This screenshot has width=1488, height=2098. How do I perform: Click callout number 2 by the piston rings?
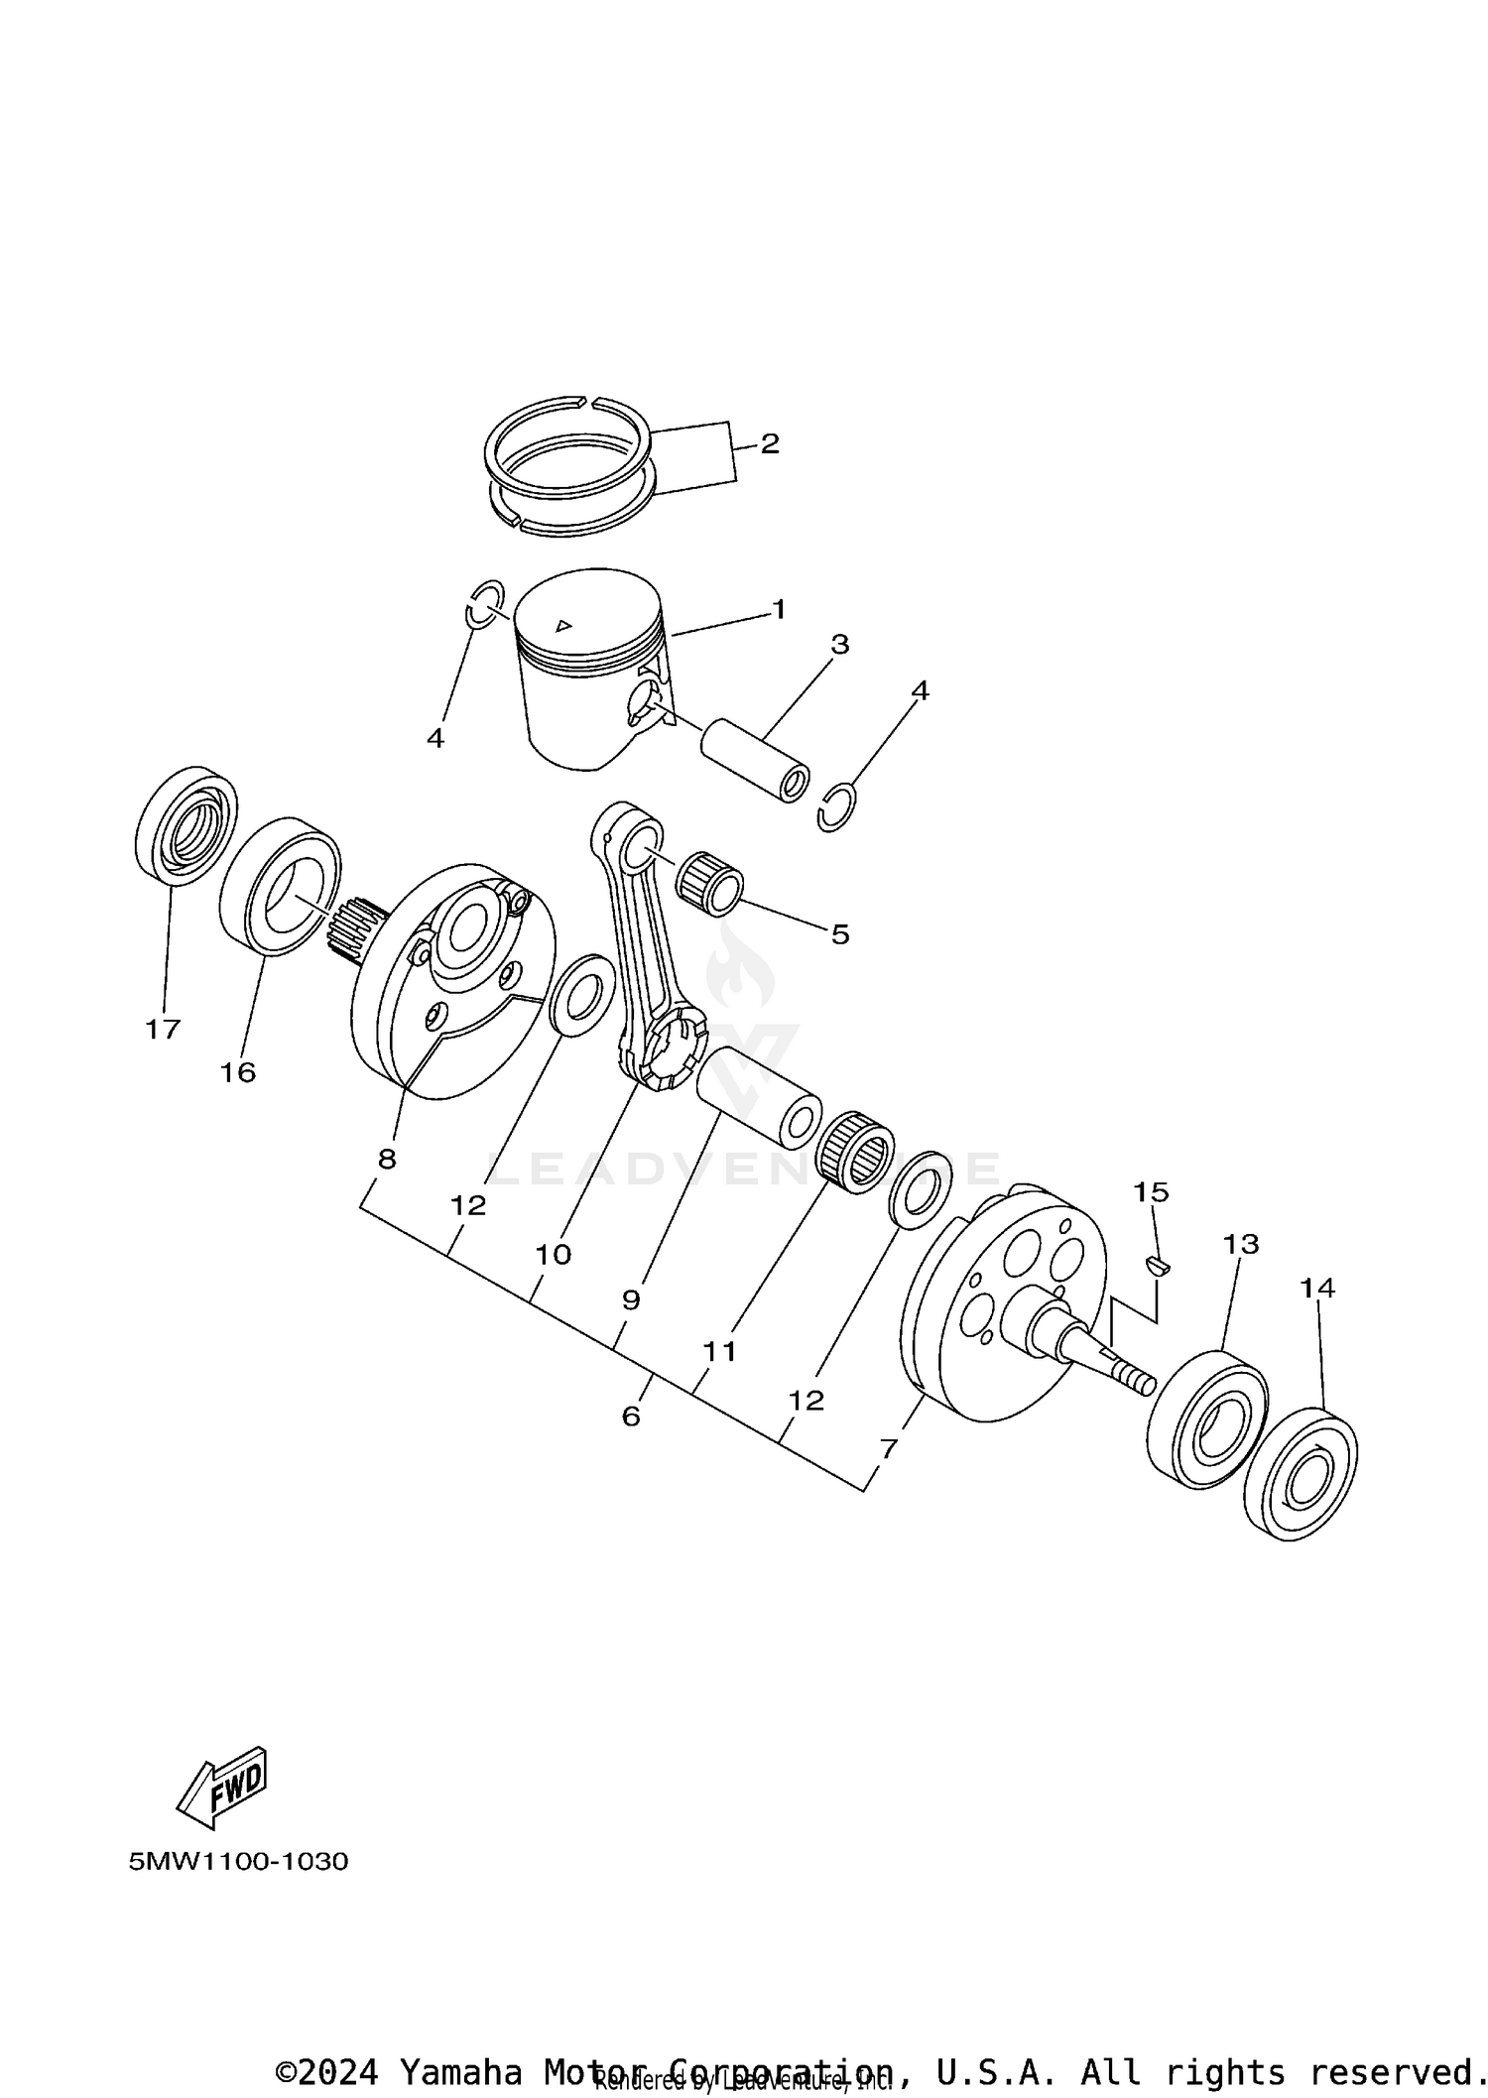[x=770, y=443]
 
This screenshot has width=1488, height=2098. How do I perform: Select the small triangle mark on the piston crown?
[x=563, y=625]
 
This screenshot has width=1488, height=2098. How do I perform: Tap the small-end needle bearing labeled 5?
[x=709, y=878]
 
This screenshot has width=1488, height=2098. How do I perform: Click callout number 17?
[x=163, y=1030]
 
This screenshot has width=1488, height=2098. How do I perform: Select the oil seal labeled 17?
[x=186, y=823]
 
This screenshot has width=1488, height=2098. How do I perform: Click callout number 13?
[x=1240, y=1244]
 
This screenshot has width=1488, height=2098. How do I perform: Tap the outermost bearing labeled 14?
[x=1300, y=1474]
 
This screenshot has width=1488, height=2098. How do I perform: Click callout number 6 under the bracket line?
[x=631, y=1417]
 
